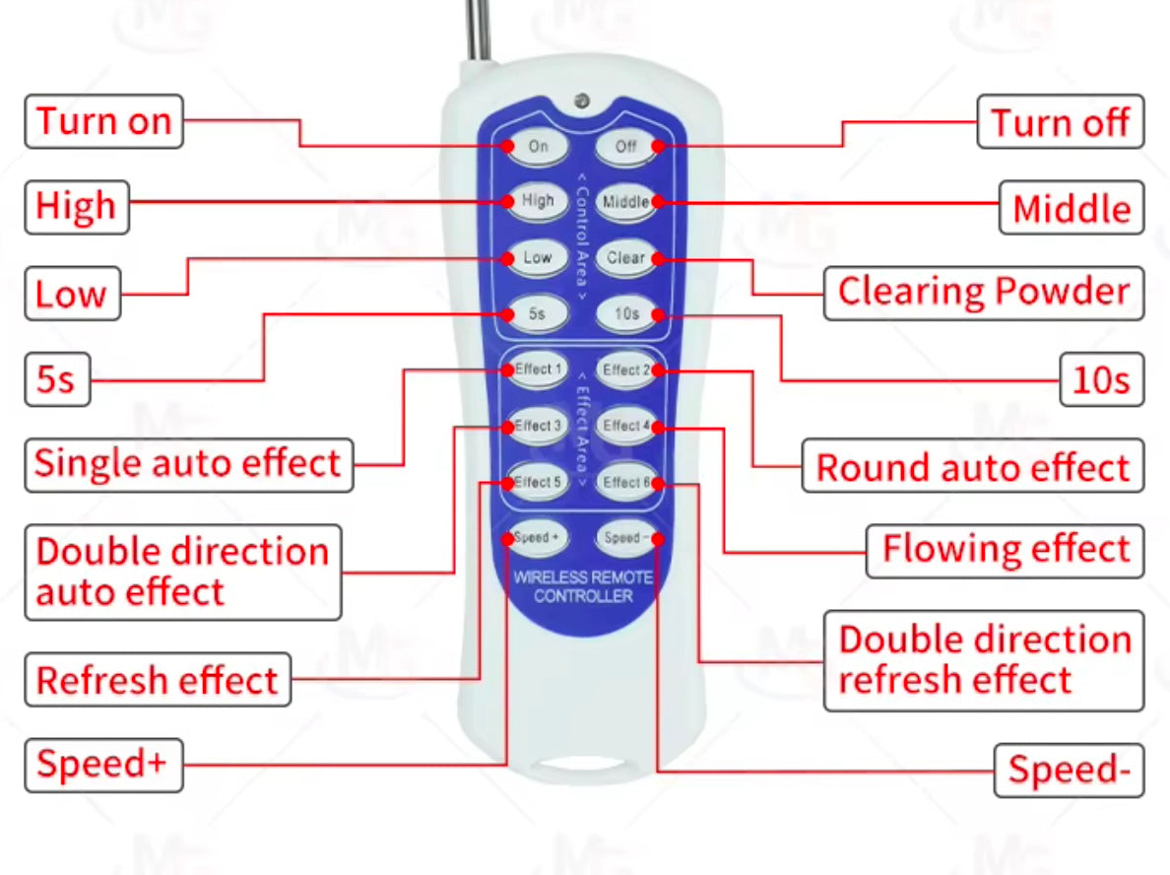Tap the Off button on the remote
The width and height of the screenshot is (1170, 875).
click(626, 146)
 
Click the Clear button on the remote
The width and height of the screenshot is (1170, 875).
click(626, 258)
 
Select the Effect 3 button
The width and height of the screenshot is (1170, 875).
click(538, 427)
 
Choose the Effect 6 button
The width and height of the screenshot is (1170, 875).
click(626, 482)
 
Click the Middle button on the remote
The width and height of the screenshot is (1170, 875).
click(626, 202)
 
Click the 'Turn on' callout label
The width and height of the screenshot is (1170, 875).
click(103, 122)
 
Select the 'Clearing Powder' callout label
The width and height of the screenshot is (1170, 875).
click(983, 293)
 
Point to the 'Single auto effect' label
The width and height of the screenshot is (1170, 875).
click(187, 464)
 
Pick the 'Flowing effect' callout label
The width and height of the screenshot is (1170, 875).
click(1005, 550)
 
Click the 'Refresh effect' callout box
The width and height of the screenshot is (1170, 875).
click(158, 680)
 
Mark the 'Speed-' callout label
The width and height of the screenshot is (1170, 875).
click(1069, 770)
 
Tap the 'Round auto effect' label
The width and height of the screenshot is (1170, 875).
click(973, 467)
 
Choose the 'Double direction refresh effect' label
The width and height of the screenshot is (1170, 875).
click(984, 659)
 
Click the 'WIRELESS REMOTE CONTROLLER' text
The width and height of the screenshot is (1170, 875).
click(583, 586)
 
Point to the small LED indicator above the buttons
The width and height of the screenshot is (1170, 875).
click(582, 101)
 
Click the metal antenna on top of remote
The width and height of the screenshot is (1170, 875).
click(480, 30)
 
